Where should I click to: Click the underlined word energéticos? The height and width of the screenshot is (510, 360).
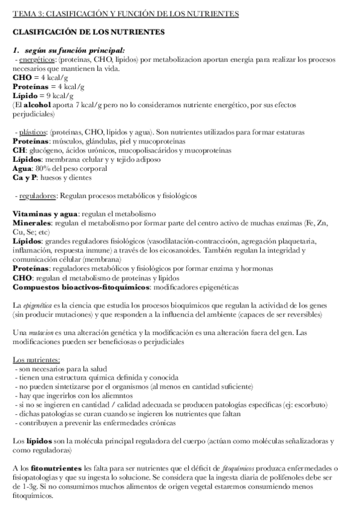point(37,61)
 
